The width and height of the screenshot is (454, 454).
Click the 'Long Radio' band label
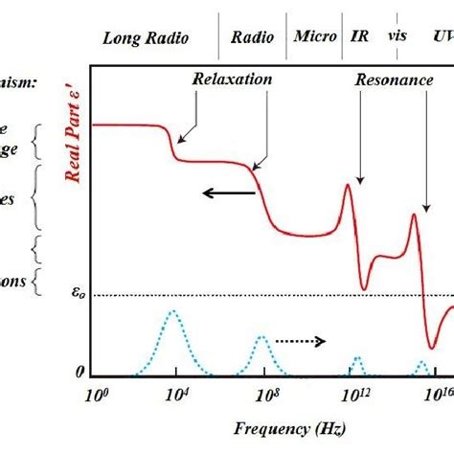click(x=146, y=39)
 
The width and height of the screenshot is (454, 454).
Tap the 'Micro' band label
click(x=314, y=37)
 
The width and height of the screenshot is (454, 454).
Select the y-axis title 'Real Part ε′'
click(x=70, y=145)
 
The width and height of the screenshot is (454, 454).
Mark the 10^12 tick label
click(x=356, y=394)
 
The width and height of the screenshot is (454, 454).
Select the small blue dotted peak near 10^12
click(x=356, y=359)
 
